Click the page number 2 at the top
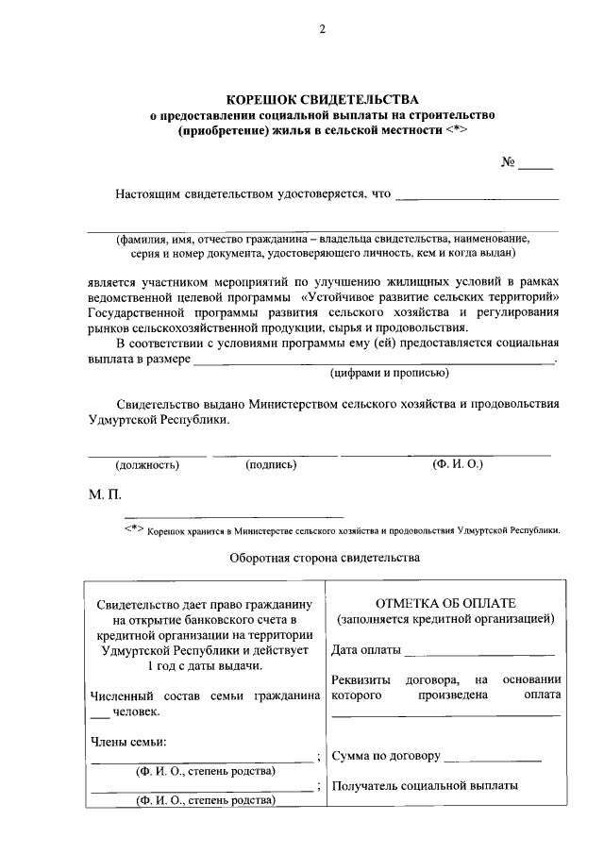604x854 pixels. pos(321,29)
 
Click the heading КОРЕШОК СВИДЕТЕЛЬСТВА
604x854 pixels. pos(322,99)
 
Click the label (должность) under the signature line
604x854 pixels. pos(147,464)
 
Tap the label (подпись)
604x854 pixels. pos(271,464)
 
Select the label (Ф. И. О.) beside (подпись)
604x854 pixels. pos(457,464)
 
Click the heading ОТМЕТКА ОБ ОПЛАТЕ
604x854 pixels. pos(445,603)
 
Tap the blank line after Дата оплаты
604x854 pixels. pos(480,653)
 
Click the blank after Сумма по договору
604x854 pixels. pos(492,758)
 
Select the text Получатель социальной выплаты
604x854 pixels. pos(425,785)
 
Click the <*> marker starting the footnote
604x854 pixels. pos(134,528)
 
